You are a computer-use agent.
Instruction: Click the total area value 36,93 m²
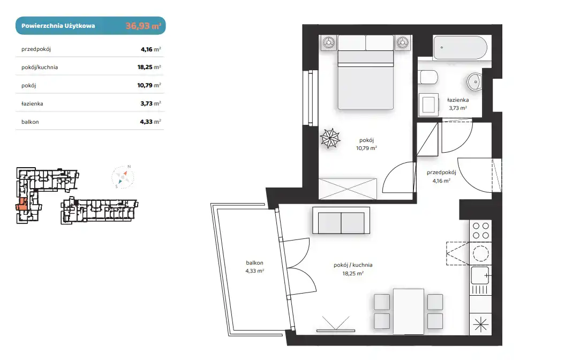pos(143,26)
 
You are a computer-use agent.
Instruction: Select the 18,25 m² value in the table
pos(149,67)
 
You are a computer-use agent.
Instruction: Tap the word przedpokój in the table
pos(36,49)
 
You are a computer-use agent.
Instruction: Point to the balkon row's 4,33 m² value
pos(150,122)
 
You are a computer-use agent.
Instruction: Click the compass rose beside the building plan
pos(123,177)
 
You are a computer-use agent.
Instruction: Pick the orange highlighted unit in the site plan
pos(22,204)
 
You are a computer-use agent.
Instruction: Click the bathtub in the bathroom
pos(460,47)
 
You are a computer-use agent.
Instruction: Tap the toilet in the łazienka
pos(428,78)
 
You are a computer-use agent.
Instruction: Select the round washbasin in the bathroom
pos(474,81)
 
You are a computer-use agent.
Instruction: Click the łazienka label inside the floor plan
pos(457,100)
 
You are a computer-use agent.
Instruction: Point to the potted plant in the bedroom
pos(330,138)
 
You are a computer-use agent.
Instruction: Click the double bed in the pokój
pos(365,72)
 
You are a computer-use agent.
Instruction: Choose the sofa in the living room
pos(341,221)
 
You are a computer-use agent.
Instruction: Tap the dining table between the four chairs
pos(409,312)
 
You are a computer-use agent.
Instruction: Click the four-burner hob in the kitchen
pos(480,230)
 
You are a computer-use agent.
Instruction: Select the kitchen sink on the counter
pos(480,275)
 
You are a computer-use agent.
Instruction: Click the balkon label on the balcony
pos(254,262)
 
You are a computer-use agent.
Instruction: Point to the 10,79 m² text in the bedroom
pos(366,148)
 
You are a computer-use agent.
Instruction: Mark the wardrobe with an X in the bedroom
pos(348,189)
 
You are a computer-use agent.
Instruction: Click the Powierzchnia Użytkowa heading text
pos(58,26)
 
